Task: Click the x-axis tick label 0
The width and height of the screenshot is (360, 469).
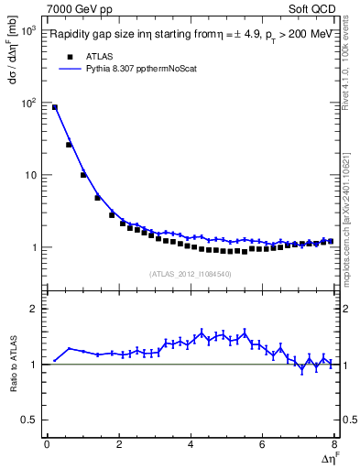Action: [x=47, y=445]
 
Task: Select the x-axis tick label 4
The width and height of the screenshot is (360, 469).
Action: [x=190, y=445]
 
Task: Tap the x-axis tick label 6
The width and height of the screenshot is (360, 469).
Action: [x=262, y=445]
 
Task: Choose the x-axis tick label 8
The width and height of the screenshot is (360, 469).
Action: [x=333, y=445]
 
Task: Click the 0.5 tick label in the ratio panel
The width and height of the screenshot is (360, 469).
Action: [x=29, y=420]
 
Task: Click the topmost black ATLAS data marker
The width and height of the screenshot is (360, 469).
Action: [x=55, y=107]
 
